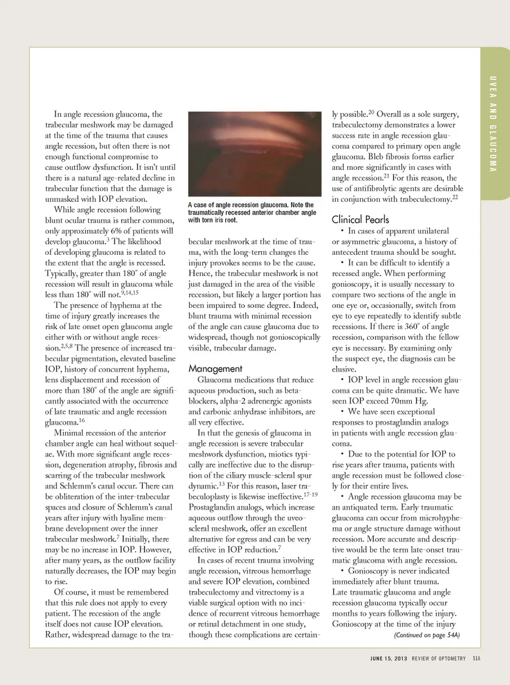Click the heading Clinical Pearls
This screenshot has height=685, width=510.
(x=360, y=219)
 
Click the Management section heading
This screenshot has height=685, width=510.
(x=215, y=369)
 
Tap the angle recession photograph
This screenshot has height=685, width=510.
(x=254, y=154)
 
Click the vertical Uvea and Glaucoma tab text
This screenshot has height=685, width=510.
(x=493, y=124)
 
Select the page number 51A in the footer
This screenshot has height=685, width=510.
(x=477, y=658)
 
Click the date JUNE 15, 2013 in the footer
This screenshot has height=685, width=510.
(x=388, y=658)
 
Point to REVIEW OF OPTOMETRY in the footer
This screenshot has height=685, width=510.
(x=438, y=658)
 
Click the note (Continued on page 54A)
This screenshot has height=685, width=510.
(x=427, y=635)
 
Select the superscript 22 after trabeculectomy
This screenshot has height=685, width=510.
(x=455, y=198)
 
